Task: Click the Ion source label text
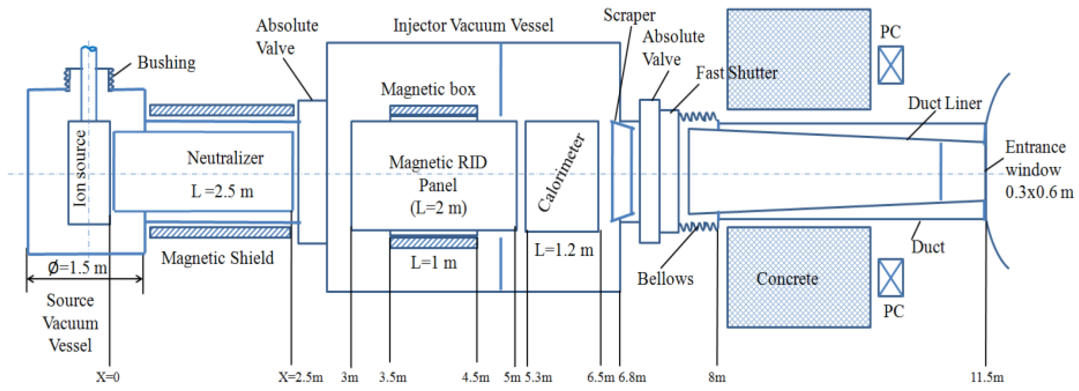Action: (80, 168)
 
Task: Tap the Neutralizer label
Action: (225, 158)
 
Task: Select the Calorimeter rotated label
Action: (561, 173)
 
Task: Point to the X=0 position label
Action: (108, 377)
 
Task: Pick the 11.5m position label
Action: (987, 377)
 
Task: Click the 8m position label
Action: (717, 377)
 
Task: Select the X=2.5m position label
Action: (300, 377)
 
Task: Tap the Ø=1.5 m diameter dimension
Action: (78, 267)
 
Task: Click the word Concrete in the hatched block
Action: (787, 279)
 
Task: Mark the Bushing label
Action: (166, 63)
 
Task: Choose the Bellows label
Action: (665, 279)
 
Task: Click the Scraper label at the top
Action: (629, 15)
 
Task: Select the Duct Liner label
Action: (944, 103)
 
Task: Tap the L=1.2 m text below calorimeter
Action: (564, 250)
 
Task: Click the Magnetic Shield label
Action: (217, 258)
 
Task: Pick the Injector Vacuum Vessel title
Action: (473, 25)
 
